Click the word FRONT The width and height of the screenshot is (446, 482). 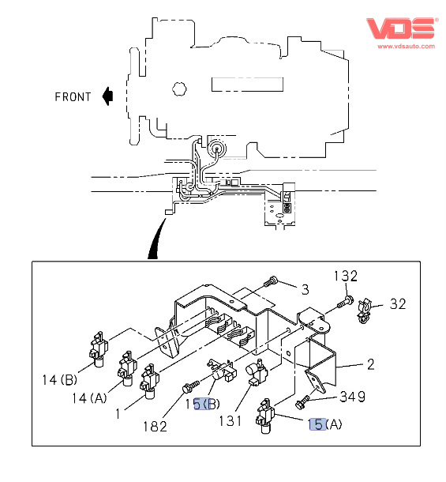tap(73, 97)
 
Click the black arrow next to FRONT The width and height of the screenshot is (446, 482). tap(108, 96)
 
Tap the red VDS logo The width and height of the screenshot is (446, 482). tap(403, 28)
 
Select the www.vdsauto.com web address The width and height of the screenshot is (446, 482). tap(406, 47)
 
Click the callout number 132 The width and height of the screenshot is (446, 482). tap(346, 276)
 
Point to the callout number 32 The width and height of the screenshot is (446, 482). tap(398, 304)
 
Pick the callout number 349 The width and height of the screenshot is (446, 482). tap(353, 397)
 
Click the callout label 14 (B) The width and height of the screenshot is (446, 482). tap(59, 380)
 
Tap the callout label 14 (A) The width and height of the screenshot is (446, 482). tap(89, 398)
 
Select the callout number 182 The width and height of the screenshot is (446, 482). tap(156, 427)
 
